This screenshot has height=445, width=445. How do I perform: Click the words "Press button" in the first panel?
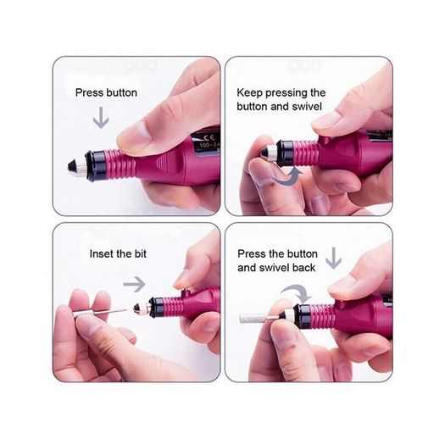point(106,93)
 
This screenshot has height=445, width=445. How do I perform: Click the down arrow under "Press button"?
point(101,117)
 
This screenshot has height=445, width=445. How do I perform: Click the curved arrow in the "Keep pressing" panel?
point(287,176)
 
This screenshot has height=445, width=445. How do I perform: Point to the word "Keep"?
point(250,93)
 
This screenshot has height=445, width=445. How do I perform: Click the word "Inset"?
point(102,253)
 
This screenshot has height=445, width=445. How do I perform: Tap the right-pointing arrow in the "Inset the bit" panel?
point(134,284)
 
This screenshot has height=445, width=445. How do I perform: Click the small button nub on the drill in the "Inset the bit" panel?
point(186,292)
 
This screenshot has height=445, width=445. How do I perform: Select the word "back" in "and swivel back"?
point(305,268)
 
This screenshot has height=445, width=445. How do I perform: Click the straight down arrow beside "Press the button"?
point(333,258)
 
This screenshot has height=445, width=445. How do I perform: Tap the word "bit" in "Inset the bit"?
point(141,253)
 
